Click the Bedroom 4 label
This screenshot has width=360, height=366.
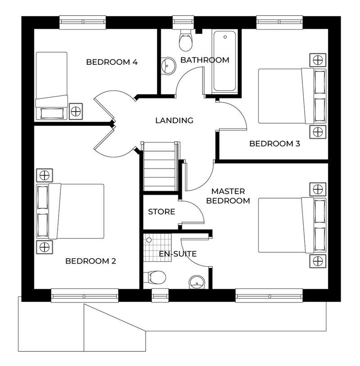tap(112, 62)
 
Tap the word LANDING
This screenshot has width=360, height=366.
tap(174, 121)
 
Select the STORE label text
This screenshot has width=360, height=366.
tap(162, 212)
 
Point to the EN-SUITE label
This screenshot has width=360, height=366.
tap(178, 254)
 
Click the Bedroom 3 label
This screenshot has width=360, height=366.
tap(274, 143)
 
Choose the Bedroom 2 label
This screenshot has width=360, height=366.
tap(90, 261)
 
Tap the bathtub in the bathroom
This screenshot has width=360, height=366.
tap(225, 61)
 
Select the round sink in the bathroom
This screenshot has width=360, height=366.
tap(168, 66)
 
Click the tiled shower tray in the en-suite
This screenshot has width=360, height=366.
tap(157, 247)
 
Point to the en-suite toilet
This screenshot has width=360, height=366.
tap(154, 277)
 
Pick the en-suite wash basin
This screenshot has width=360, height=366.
tap(197, 282)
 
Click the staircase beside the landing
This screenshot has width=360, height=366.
tap(160, 167)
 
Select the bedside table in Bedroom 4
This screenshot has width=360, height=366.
tap(76, 112)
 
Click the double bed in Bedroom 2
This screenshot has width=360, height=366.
tap(70, 211)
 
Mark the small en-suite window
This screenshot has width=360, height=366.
tap(160, 295)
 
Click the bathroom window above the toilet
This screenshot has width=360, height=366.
tap(184, 22)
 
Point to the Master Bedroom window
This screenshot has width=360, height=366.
tap(269, 295)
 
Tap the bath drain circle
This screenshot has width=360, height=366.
tap(225, 37)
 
